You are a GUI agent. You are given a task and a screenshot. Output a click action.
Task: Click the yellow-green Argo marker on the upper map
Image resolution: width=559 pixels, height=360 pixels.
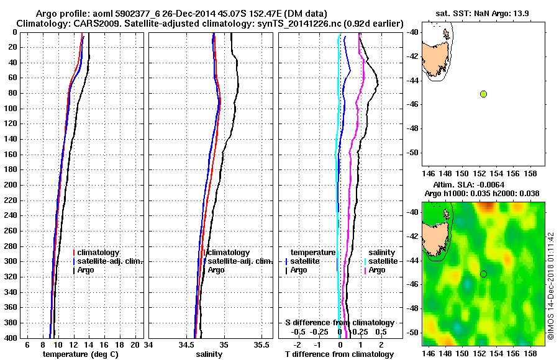coord(483,94)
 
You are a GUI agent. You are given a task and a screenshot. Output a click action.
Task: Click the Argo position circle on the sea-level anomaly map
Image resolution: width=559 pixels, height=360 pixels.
coord(483,274)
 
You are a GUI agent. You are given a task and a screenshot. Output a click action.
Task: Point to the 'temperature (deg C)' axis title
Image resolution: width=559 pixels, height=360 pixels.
coord(80,354)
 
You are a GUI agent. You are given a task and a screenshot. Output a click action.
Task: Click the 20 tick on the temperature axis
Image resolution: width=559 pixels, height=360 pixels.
coord(136,344)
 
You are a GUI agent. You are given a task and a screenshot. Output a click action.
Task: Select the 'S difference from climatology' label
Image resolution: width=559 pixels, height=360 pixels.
coord(339,323)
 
